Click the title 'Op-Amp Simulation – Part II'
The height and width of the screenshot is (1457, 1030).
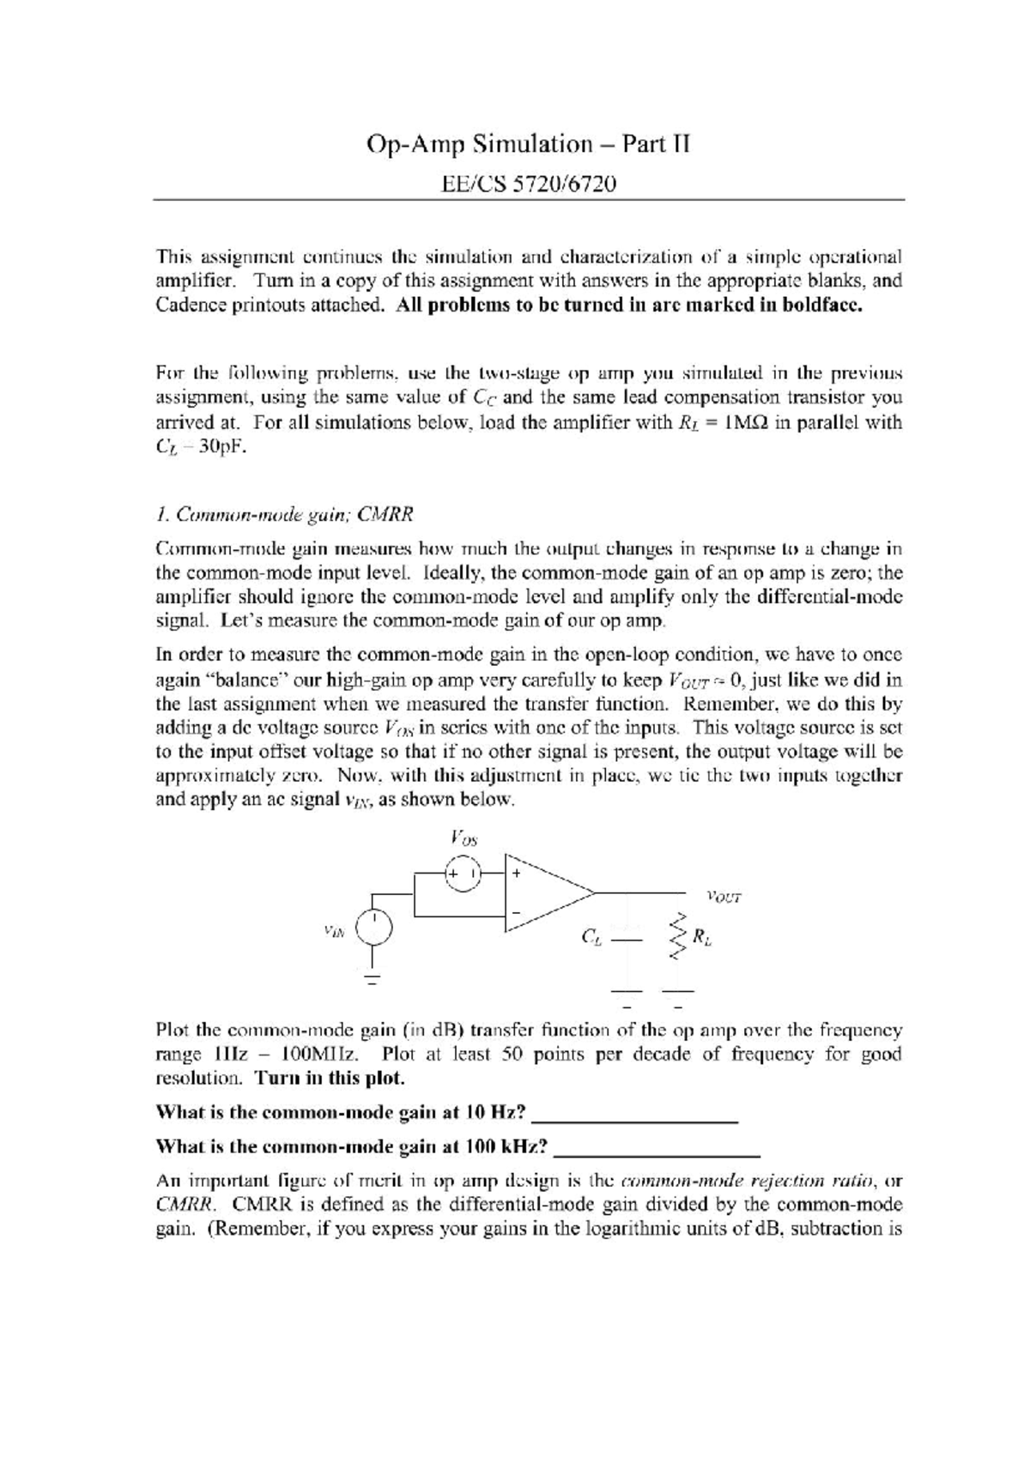point(528,143)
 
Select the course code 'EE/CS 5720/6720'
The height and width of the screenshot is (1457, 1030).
point(528,184)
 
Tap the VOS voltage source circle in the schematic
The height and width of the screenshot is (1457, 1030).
point(463,873)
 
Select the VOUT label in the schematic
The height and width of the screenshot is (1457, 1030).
point(723,898)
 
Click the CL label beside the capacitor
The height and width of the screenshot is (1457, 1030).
point(591,938)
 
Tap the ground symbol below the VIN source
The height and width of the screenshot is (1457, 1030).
point(373,978)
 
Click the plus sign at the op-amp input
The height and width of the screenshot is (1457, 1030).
point(517,873)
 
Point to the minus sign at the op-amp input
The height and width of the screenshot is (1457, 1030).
point(517,913)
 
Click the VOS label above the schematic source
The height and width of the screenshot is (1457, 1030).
point(463,835)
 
